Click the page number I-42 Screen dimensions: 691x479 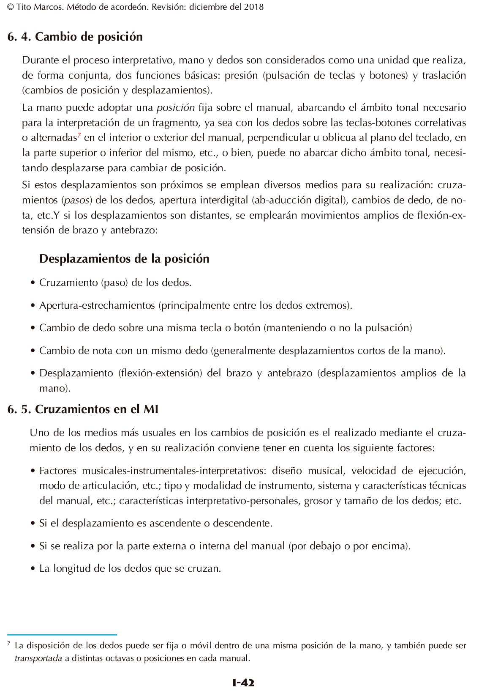click(x=243, y=682)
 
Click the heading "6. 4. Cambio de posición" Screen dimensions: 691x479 click(x=75, y=37)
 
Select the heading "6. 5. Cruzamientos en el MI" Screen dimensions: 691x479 click(x=83, y=409)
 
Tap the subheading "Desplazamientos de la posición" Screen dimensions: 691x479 click(x=124, y=258)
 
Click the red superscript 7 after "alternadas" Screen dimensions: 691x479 click(x=79, y=135)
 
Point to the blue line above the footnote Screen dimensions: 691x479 click(x=62, y=635)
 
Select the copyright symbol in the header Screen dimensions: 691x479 click(x=11, y=7)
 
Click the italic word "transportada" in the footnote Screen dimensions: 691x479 click(x=38, y=658)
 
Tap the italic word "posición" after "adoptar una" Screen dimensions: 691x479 click(x=175, y=107)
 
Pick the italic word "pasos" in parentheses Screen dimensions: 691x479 click(x=77, y=200)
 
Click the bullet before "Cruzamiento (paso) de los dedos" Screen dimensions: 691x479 click(x=33, y=282)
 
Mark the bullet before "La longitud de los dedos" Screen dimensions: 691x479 click(x=33, y=569)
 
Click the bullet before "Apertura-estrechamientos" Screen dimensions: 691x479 click(x=33, y=305)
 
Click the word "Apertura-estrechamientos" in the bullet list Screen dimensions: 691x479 click(x=97, y=305)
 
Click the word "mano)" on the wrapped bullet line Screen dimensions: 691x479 click(x=54, y=388)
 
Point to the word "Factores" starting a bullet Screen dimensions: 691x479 click(x=58, y=471)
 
